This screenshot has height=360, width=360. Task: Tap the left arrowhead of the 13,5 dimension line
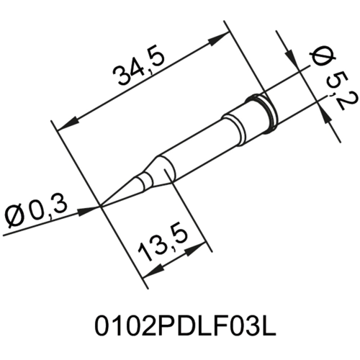point(148,274)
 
